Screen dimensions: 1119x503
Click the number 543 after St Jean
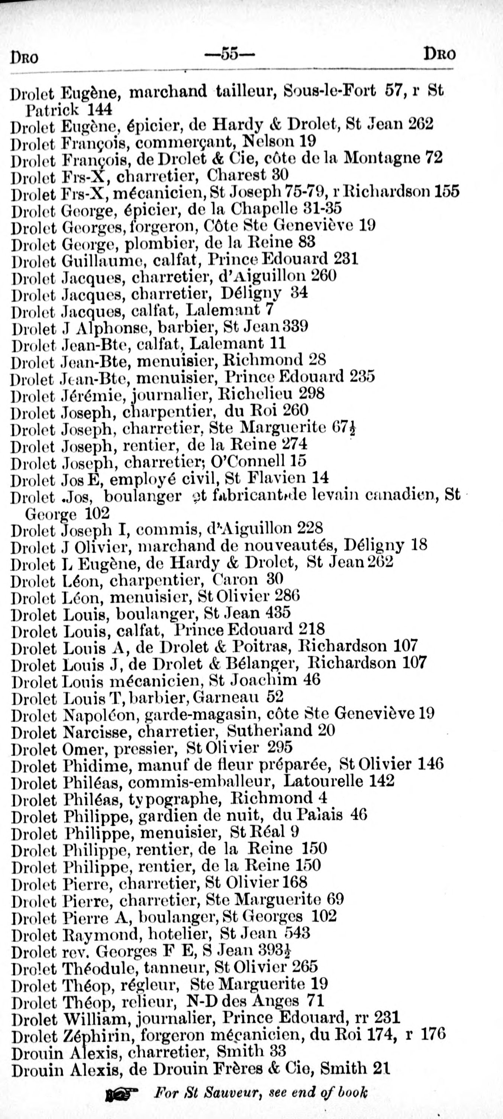[297, 933]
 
